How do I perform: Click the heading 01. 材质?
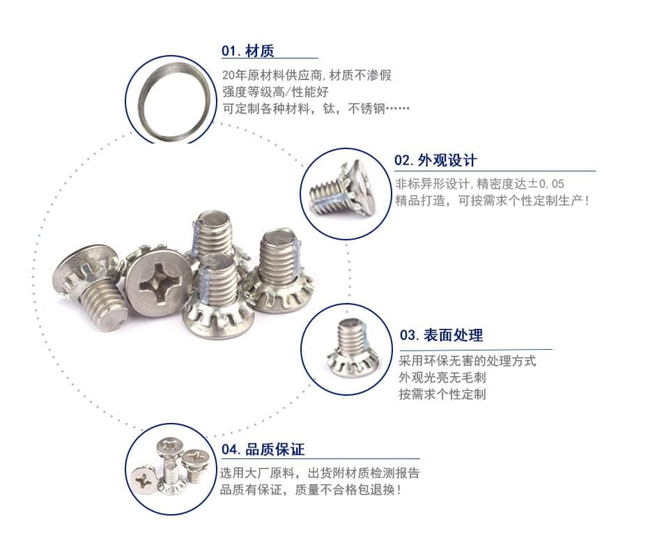click(x=247, y=51)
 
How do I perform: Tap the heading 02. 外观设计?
click(x=435, y=160)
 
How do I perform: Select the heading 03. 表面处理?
click(x=441, y=335)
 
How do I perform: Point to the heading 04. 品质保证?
click(x=263, y=449)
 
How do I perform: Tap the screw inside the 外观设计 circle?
click(x=342, y=190)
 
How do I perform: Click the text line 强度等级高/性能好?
click(x=275, y=91)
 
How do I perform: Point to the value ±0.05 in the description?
click(x=546, y=184)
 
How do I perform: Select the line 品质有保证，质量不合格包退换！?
click(x=310, y=490)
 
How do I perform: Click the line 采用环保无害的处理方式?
click(x=468, y=361)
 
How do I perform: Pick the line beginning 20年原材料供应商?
click(x=307, y=75)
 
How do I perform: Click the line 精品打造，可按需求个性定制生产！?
click(x=492, y=201)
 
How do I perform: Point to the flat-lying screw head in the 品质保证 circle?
click(x=144, y=480)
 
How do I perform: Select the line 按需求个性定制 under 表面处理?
click(x=442, y=394)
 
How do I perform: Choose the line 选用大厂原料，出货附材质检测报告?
click(x=319, y=473)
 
